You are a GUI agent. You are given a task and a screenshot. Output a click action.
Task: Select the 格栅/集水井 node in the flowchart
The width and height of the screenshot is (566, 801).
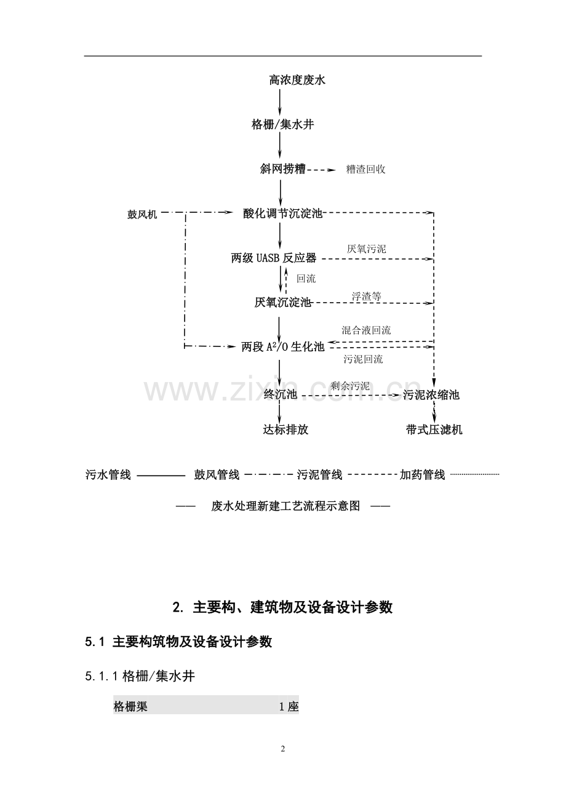[282, 125]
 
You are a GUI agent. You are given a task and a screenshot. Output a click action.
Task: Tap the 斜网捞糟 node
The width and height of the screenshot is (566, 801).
[282, 169]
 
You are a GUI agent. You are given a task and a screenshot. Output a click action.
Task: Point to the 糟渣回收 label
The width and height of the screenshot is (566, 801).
[365, 169]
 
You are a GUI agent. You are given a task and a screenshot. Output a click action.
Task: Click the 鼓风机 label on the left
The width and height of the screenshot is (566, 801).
[142, 214]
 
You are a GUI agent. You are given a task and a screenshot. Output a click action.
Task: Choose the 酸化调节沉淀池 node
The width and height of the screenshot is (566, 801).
[282, 213]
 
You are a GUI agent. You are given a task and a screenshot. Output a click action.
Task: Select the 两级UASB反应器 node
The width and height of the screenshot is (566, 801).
[273, 258]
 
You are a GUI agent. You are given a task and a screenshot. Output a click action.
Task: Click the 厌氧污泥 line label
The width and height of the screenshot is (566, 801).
[367, 249]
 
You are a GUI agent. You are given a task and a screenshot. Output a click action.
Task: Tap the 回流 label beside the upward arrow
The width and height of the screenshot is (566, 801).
[306, 279]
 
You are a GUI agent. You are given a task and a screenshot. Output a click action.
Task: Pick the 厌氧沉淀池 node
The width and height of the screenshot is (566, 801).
[282, 303]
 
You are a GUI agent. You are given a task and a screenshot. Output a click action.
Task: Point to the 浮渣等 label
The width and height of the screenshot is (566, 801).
[367, 296]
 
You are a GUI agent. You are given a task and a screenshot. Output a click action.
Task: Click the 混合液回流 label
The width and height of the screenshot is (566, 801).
[366, 330]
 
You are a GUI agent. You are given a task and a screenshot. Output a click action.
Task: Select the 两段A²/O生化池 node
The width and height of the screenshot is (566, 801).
[282, 347]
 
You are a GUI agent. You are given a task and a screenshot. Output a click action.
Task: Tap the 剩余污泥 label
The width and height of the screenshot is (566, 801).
[349, 386]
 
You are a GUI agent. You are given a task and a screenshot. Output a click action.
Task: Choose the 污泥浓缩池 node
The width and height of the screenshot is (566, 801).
[431, 395]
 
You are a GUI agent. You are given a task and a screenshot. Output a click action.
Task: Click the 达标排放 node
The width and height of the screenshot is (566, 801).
[285, 430]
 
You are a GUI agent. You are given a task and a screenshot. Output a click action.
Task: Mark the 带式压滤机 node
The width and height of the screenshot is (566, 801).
[434, 430]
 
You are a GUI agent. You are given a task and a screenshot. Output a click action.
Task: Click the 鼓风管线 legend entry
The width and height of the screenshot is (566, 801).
[217, 475]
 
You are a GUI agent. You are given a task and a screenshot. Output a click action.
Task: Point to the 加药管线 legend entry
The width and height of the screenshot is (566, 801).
[422, 475]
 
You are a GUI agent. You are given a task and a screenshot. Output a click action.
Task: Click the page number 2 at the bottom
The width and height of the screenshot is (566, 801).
[283, 749]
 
